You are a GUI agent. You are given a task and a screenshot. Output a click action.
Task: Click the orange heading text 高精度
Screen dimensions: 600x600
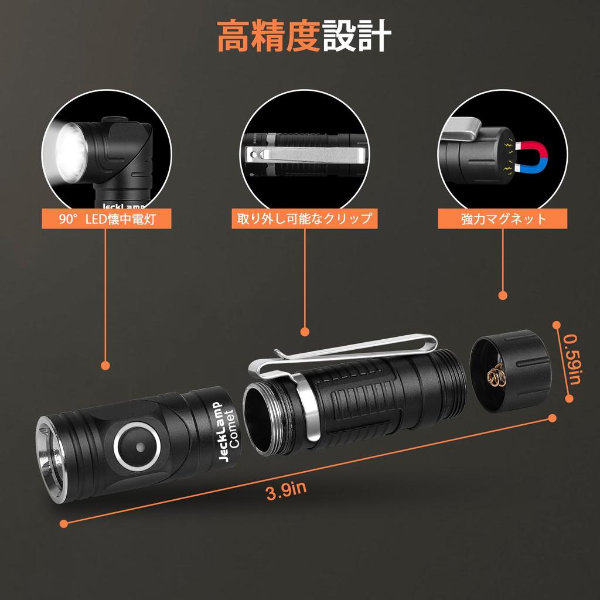pos(269,37)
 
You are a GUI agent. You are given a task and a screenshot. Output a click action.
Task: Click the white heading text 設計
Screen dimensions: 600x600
pos(356,37)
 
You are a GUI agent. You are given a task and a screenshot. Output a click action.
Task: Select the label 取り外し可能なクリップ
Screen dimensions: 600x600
pos(304,220)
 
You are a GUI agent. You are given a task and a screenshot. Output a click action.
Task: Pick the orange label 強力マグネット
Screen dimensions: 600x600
pos(503,220)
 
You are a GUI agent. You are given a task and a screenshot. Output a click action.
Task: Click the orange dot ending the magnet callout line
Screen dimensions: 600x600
pos(503,295)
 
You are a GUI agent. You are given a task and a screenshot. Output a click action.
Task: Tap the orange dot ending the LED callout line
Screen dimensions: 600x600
pos(105,366)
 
